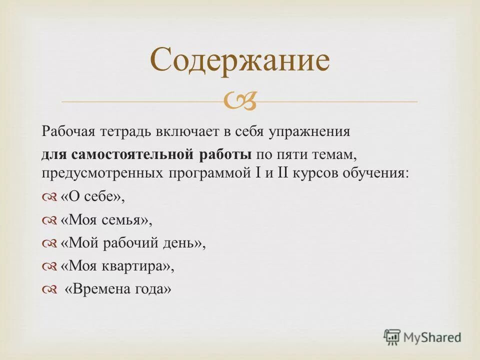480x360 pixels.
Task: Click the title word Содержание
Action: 239,60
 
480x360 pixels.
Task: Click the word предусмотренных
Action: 102,173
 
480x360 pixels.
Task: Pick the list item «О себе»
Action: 92,196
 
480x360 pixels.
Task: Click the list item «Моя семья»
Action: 106,220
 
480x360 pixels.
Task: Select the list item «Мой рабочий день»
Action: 133,243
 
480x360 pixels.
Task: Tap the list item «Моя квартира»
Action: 117,266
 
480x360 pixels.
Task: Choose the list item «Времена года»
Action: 118,289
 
